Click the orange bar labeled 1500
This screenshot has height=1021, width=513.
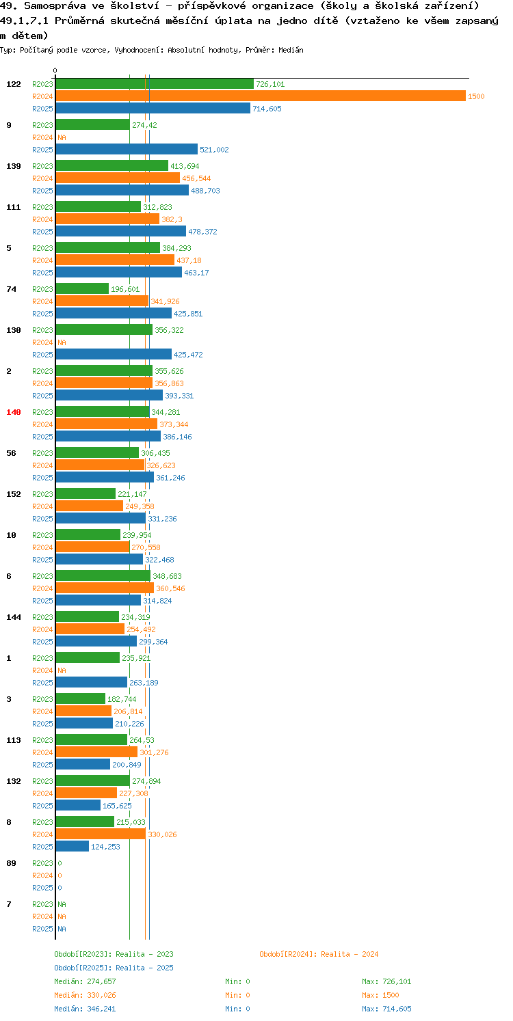(261, 96)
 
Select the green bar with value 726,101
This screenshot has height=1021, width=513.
(155, 84)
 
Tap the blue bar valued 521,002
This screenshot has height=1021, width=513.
(127, 150)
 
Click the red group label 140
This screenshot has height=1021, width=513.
(14, 412)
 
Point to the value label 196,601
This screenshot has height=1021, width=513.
(125, 289)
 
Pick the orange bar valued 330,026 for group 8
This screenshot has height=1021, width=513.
(101, 834)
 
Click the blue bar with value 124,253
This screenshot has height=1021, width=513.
(72, 847)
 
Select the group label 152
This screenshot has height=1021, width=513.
(14, 494)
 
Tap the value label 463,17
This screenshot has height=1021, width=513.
(196, 273)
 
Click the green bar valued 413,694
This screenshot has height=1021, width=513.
(111, 166)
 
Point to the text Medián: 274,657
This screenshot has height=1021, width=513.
(85, 981)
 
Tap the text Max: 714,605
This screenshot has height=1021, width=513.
(386, 1009)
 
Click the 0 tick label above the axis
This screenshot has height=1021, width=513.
(55, 70)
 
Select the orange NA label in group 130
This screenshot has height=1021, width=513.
(62, 342)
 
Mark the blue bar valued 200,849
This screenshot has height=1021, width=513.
(83, 764)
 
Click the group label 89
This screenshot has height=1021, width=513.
(12, 863)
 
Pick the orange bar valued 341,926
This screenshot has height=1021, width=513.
(102, 301)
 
